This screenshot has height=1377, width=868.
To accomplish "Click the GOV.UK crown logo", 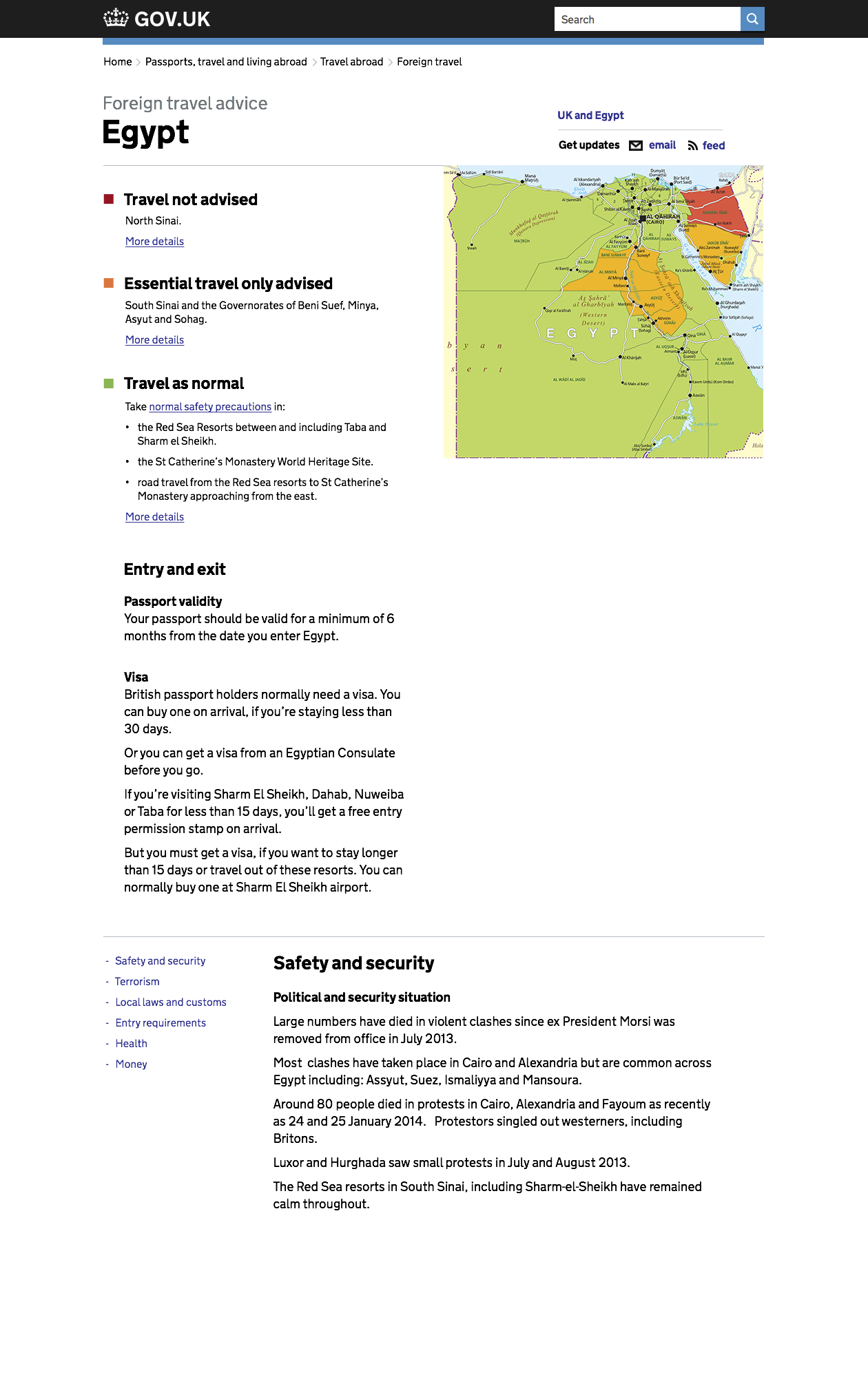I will point(116,18).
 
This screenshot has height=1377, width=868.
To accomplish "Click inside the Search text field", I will point(646,19).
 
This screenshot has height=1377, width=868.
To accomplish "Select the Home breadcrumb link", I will point(118,62).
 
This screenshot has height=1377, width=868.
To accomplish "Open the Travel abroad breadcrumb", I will point(351,62).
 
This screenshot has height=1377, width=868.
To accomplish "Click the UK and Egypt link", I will point(590,116).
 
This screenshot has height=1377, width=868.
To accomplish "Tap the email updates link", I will point(662,145).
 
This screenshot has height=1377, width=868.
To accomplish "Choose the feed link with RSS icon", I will point(713,146).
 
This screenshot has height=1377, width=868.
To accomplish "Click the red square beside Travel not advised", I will point(109,200).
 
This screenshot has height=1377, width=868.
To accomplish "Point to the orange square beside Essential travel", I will point(109,284).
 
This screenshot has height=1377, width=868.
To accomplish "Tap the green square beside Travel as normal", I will point(109,383).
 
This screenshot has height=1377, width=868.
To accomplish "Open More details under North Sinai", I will point(154,242).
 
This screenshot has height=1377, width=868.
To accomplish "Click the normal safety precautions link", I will point(210,407).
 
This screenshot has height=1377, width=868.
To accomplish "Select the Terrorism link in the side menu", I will point(137,982).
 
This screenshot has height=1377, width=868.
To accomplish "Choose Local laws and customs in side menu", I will point(171,1002).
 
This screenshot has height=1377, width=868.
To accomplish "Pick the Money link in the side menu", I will point(131,1064).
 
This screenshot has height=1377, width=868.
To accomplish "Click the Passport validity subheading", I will point(173,602).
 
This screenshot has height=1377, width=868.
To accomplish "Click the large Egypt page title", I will point(145,132).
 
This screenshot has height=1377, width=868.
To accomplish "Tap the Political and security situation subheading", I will point(362,998).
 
